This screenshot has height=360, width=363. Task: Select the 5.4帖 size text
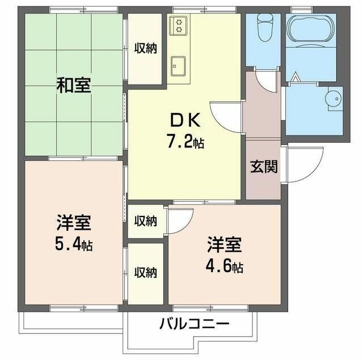[74, 245]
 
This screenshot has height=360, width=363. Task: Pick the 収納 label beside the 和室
[145, 48]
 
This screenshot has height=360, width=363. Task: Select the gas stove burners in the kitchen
[179, 25]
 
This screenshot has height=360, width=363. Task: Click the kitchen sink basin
[179, 65]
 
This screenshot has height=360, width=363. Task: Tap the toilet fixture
[263, 26]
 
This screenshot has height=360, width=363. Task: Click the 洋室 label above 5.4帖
[74, 222]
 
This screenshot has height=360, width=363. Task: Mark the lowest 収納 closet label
[145, 272]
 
